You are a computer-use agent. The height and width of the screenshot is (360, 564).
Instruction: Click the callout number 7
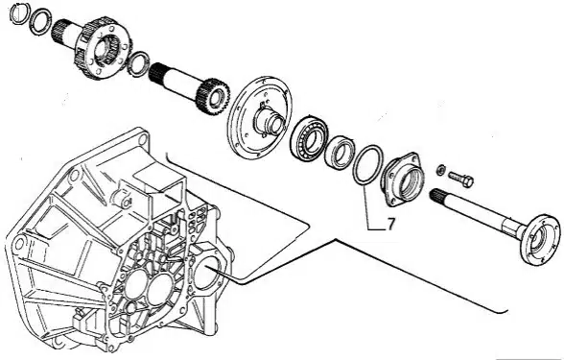click(390, 224)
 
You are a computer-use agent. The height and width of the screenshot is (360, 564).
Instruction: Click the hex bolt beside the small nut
click(460, 178)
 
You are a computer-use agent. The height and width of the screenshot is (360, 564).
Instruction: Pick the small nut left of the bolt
click(440, 169)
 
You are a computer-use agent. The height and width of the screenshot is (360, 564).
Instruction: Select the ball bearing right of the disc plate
click(309, 138)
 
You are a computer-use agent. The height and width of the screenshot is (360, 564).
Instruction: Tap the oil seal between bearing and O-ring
click(340, 152)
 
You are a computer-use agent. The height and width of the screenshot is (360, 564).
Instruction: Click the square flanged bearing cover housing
click(401, 179)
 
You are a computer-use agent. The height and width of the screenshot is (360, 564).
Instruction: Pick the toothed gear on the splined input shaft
click(213, 96)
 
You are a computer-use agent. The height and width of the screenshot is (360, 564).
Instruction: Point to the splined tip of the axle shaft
click(437, 195)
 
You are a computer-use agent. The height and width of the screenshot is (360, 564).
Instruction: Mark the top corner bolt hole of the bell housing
click(142, 139)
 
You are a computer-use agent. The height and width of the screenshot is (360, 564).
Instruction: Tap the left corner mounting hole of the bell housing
click(17, 245)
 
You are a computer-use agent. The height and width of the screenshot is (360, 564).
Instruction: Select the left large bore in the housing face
click(135, 283)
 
